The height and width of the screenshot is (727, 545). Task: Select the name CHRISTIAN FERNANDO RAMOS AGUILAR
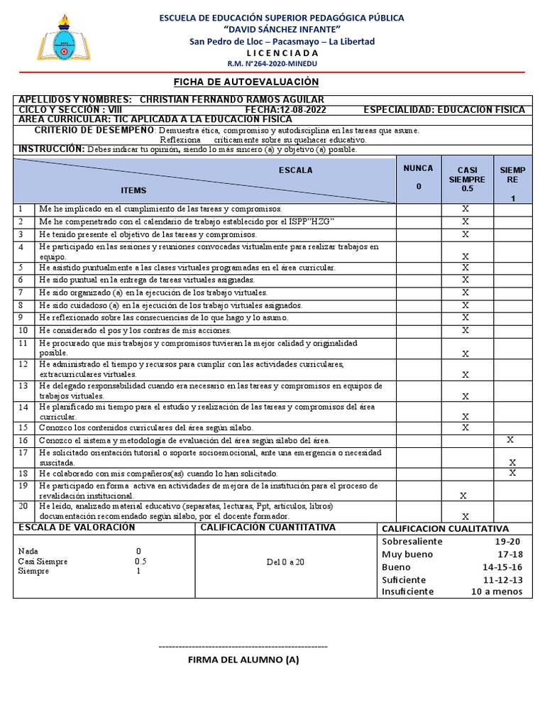(232, 99)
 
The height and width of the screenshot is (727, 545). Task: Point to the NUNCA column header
(418, 177)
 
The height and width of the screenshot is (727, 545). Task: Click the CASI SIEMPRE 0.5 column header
(466, 180)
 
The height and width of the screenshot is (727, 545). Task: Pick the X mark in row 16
(511, 440)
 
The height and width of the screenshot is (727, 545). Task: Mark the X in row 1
(466, 209)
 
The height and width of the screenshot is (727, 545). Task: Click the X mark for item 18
(512, 473)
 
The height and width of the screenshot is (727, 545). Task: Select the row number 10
(23, 331)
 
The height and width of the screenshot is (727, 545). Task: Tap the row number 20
(23, 506)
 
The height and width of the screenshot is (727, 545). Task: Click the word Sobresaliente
(412, 541)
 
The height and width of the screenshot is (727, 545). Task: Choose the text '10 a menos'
(497, 591)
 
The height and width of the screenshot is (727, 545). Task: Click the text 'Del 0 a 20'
(285, 562)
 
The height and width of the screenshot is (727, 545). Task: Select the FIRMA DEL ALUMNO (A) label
(243, 660)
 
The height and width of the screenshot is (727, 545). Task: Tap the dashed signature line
(243, 647)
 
